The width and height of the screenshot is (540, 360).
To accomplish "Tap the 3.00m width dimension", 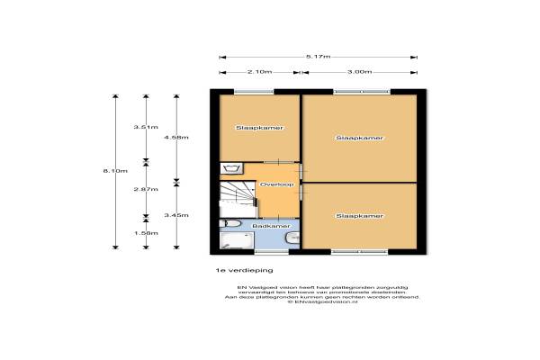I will tap(362, 72).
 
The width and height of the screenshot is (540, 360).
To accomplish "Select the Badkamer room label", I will tap(269, 226).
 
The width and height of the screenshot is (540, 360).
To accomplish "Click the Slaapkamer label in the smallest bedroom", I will tap(254, 128).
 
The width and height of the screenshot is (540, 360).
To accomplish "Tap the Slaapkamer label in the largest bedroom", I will tap(360, 138).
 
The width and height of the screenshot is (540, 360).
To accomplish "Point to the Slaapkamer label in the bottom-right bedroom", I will tap(360, 216).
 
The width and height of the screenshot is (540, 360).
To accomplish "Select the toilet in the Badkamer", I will tap(291, 238).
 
